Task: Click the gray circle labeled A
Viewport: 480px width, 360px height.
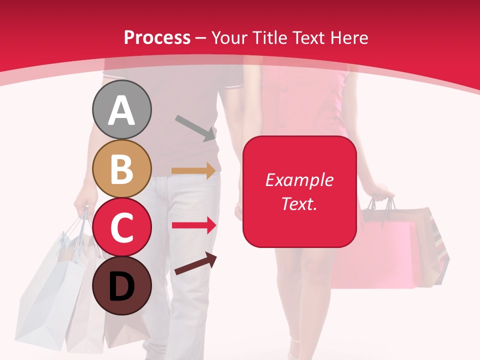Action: pos(121,110)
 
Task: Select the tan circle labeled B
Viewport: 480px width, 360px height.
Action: pos(121,169)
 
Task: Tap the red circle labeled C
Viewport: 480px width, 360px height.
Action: pos(121,227)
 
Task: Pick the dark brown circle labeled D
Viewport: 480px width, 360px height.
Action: pos(121,285)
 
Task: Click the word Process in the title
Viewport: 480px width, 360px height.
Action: pos(157,38)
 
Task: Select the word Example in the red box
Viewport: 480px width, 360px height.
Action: pos(299,180)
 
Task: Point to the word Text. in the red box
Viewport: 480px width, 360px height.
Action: pos(299,203)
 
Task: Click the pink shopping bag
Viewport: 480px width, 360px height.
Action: pos(385,255)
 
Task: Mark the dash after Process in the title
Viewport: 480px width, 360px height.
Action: pos(201,38)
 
